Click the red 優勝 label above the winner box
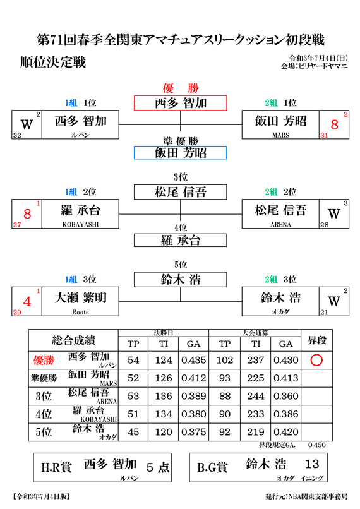pyautogui.click(x=181, y=88)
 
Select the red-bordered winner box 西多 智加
pyautogui.click(x=181, y=103)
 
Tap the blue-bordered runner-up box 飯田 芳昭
pyautogui.click(x=181, y=153)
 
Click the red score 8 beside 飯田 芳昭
pyautogui.click(x=334, y=124)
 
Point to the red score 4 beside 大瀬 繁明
pyautogui.click(x=27, y=302)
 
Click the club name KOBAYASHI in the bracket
pyautogui.click(x=80, y=224)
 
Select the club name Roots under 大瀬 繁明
pyautogui.click(x=80, y=312)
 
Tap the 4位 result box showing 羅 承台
pyautogui.click(x=181, y=240)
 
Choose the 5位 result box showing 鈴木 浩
pyautogui.click(x=181, y=280)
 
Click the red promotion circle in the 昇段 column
pyautogui.click(x=316, y=360)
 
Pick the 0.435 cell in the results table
pyautogui.click(x=193, y=360)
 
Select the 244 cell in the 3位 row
pyautogui.click(x=255, y=396)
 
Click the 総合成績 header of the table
pyautogui.click(x=73, y=340)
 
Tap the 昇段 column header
pyautogui.click(x=317, y=340)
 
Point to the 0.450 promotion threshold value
pyautogui.click(x=317, y=445)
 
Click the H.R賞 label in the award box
pyautogui.click(x=56, y=467)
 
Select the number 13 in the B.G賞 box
pyautogui.click(x=312, y=464)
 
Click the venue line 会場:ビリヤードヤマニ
pyautogui.click(x=315, y=66)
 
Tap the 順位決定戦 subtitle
pyautogui.click(x=53, y=62)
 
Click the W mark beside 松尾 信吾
pyautogui.click(x=333, y=213)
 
